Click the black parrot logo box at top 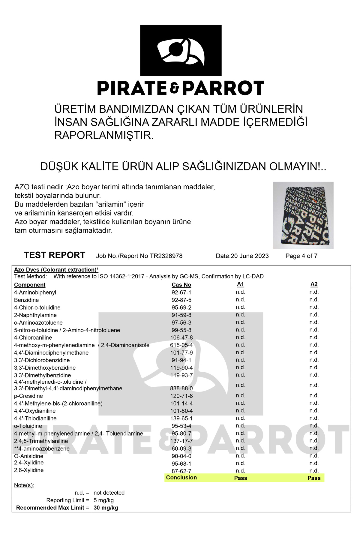181,50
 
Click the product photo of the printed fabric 303,215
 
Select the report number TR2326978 166,256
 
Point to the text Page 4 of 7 301,256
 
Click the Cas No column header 181,285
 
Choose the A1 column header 240,284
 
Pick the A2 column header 314,284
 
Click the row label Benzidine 26,300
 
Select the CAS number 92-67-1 181,292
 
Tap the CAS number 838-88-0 181,388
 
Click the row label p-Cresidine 28,396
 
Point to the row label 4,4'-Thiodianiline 35,418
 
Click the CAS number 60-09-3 181,448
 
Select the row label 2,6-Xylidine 29,470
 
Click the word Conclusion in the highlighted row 181,478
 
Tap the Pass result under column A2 314,478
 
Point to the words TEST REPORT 55,255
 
